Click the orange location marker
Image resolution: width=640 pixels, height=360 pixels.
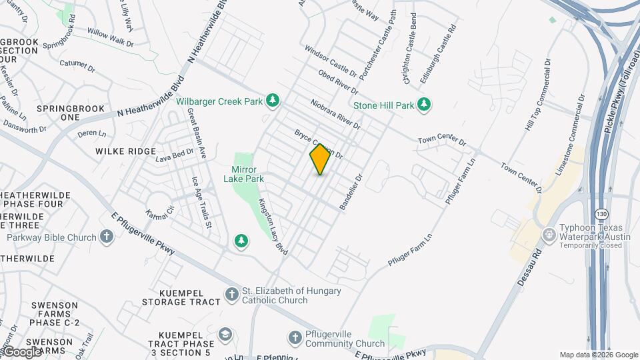320,160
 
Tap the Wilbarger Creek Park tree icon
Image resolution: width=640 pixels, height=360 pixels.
272,101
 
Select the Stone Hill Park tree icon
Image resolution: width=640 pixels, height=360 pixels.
423,105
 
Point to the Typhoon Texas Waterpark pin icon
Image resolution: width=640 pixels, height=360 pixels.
548,235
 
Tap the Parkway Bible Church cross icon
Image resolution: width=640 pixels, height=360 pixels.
107,237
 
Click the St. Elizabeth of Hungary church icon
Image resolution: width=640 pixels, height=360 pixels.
231,295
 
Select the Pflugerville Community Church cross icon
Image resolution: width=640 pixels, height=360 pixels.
295,339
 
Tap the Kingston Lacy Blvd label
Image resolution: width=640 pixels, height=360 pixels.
273,227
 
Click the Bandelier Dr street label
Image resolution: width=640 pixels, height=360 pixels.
349,193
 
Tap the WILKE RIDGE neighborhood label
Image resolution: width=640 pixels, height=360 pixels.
125,151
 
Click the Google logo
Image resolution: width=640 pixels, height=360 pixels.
21,351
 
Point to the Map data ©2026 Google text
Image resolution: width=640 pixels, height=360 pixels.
599,355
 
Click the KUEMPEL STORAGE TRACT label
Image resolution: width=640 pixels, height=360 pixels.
181,297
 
